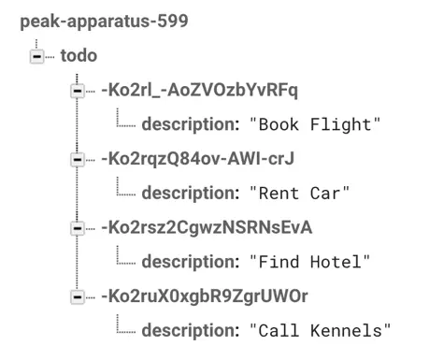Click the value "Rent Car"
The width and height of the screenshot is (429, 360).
tap(299, 193)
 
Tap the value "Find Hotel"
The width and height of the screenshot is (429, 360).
tap(310, 261)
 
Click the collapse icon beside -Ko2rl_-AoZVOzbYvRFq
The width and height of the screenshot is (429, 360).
tap(77, 91)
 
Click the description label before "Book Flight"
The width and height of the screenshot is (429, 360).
tap(190, 124)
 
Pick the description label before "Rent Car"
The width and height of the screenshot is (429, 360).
tap(190, 193)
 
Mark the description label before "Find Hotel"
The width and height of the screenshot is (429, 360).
tap(190, 261)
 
